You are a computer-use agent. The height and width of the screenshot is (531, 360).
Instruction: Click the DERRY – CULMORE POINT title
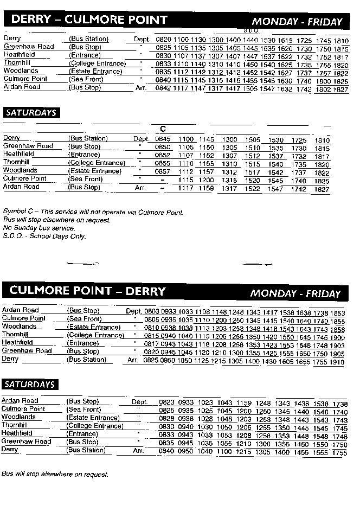coord(89,20)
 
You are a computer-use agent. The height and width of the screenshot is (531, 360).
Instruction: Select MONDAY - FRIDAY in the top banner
coord(297,22)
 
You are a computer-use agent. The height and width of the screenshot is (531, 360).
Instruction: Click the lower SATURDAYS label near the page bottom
coord(30,385)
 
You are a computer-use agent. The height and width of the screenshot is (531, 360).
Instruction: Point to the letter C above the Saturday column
coord(163,129)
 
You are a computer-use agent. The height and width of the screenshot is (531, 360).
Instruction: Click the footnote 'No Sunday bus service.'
coord(39,228)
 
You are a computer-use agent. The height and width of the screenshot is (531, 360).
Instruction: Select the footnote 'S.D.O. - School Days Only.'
coord(44,236)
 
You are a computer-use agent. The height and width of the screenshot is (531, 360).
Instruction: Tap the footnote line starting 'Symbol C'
coord(93,212)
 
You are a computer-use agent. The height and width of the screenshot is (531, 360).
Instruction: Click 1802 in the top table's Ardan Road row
coord(323,89)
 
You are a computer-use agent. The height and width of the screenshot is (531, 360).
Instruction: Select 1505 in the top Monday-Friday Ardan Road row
coord(250,89)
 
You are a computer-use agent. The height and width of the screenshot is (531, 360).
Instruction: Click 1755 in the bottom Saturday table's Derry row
coord(339,452)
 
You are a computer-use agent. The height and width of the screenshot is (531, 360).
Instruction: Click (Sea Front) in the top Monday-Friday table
coord(85,79)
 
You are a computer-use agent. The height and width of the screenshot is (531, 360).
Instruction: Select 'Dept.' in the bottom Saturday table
coord(139,402)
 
